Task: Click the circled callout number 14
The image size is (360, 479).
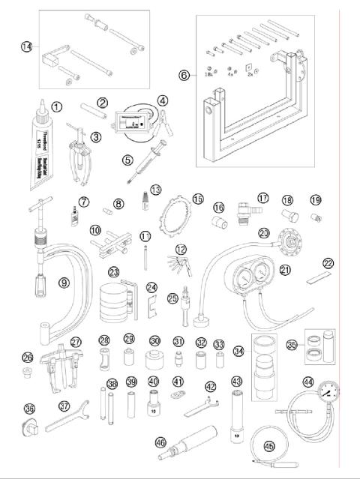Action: pyautogui.click(x=27, y=46)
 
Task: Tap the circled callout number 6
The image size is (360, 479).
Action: pyautogui.click(x=185, y=74)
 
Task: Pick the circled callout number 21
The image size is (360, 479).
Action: pyautogui.click(x=285, y=269)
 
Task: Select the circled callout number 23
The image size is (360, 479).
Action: pyautogui.click(x=115, y=272)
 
